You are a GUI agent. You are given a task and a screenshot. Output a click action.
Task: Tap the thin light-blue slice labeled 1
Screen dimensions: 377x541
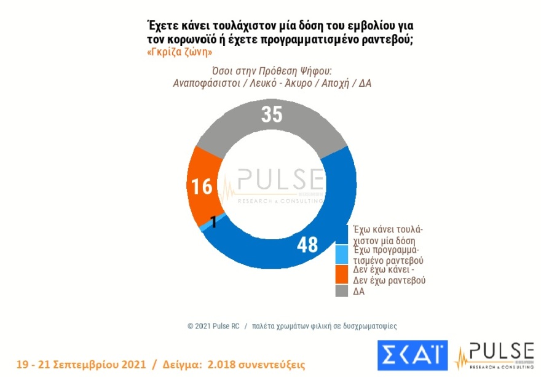[205, 226]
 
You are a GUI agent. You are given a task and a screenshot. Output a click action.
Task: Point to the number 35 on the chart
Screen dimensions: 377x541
[271, 115]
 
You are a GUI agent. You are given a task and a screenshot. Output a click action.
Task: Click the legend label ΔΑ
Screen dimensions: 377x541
[358, 291]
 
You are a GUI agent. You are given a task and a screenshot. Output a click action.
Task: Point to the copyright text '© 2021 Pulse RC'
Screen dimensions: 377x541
[215, 326]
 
